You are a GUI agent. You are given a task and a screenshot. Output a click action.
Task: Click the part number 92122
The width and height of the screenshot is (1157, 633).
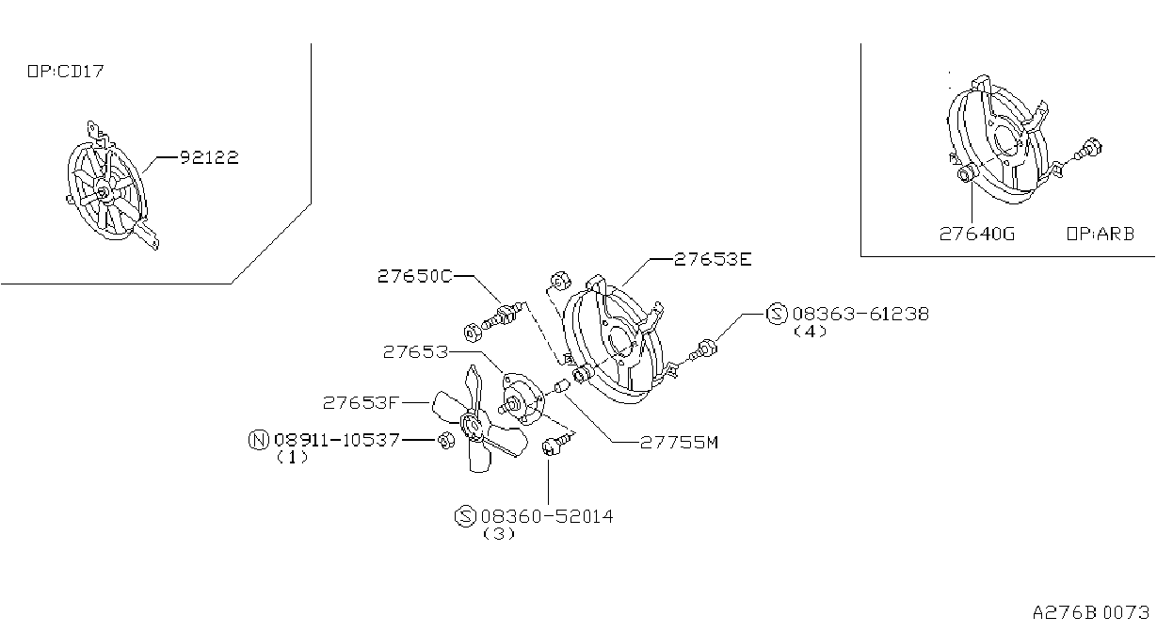tap(209, 157)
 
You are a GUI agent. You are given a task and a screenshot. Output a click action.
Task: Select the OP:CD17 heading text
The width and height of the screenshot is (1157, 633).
tap(66, 71)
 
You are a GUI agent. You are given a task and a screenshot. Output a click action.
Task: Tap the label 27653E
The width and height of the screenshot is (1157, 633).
tap(713, 259)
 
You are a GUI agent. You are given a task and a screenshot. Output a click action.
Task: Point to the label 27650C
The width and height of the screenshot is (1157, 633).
tap(415, 276)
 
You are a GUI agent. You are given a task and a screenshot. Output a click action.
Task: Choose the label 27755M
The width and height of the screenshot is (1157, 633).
tap(679, 443)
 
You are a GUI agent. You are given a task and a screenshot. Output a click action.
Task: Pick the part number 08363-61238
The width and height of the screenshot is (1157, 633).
tap(860, 314)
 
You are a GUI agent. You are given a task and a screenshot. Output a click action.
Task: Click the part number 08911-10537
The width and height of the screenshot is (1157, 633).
tap(337, 440)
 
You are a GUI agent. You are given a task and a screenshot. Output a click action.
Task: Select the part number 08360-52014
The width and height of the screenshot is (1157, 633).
tap(547, 516)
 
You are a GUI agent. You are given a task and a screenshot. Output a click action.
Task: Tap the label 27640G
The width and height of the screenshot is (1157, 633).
tap(977, 235)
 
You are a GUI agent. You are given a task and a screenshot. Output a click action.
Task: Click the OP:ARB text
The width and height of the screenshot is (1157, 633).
tap(1101, 235)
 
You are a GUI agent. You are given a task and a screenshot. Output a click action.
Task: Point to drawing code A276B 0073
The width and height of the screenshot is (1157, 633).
tap(1091, 612)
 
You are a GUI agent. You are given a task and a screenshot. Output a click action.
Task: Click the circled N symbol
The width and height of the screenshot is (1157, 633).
tap(259, 440)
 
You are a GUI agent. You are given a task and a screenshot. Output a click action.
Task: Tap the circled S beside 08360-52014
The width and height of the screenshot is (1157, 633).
tap(465, 516)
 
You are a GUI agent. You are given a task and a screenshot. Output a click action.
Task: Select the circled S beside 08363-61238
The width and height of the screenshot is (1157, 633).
tap(777, 314)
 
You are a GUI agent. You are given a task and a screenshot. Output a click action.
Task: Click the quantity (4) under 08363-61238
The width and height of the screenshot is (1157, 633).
tap(810, 332)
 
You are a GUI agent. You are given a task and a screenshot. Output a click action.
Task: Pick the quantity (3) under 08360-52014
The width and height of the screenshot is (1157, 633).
tap(499, 534)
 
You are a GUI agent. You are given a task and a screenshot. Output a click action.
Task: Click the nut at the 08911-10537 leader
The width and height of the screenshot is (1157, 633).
tap(446, 441)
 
